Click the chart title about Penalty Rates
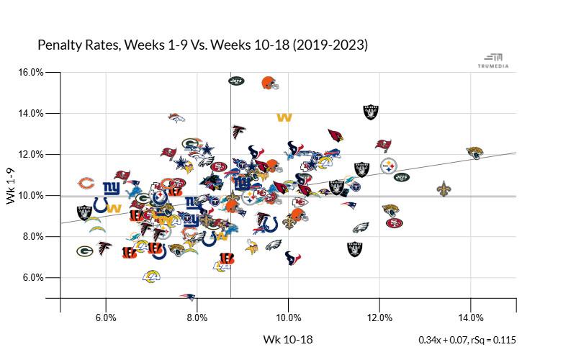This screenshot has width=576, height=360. (x=202, y=45)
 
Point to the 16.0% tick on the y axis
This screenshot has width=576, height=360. (x=32, y=72)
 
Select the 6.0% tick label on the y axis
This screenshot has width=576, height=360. (x=32, y=277)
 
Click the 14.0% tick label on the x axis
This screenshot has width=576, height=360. (x=471, y=318)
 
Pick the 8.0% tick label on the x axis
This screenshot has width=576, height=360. (x=197, y=318)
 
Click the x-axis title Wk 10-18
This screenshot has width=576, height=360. (x=288, y=339)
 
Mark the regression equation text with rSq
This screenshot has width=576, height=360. (x=467, y=340)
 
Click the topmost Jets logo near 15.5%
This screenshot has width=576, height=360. (x=237, y=81)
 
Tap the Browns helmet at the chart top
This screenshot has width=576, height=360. (x=269, y=82)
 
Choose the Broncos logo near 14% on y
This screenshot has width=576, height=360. (x=176, y=117)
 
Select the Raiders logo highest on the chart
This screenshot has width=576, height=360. (x=371, y=112)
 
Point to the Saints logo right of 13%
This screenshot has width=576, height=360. (x=444, y=189)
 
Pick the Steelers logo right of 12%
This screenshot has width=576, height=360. (x=389, y=166)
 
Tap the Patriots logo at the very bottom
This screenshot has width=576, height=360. (x=188, y=296)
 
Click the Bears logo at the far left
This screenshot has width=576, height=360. (x=86, y=183)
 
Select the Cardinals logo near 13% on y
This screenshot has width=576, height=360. (x=335, y=135)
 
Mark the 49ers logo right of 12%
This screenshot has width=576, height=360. (x=394, y=222)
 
